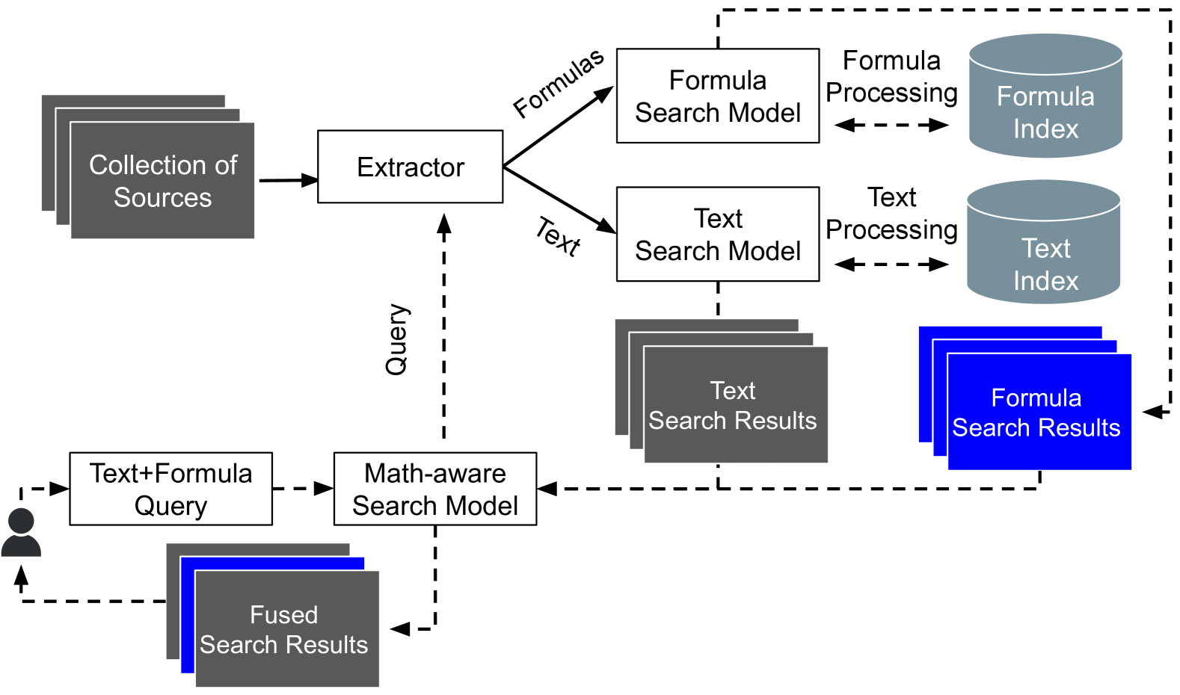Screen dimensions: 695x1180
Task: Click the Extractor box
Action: point(410,167)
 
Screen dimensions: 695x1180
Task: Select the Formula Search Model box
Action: point(717,96)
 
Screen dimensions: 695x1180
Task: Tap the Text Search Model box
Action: point(717,234)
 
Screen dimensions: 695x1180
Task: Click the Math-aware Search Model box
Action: point(434,489)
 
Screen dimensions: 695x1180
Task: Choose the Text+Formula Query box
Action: point(170,489)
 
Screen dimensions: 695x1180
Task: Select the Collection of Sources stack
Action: point(162,180)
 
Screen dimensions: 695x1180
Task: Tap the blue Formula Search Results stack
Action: point(1038,412)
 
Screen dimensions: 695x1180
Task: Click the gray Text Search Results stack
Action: point(734,404)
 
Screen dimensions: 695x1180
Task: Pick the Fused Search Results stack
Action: point(286,628)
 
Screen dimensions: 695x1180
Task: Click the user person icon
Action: point(21,532)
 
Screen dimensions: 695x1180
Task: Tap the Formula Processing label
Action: point(891,76)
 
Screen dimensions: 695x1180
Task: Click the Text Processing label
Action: point(891,214)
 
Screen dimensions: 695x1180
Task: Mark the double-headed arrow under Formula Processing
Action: point(891,125)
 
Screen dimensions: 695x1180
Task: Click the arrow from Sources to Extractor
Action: point(288,180)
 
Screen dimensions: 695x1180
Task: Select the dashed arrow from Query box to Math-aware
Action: point(302,489)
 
